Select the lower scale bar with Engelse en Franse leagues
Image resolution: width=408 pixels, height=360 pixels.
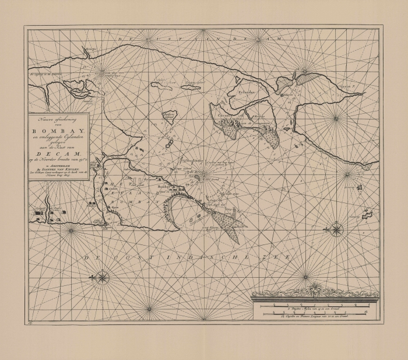[315, 314]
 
